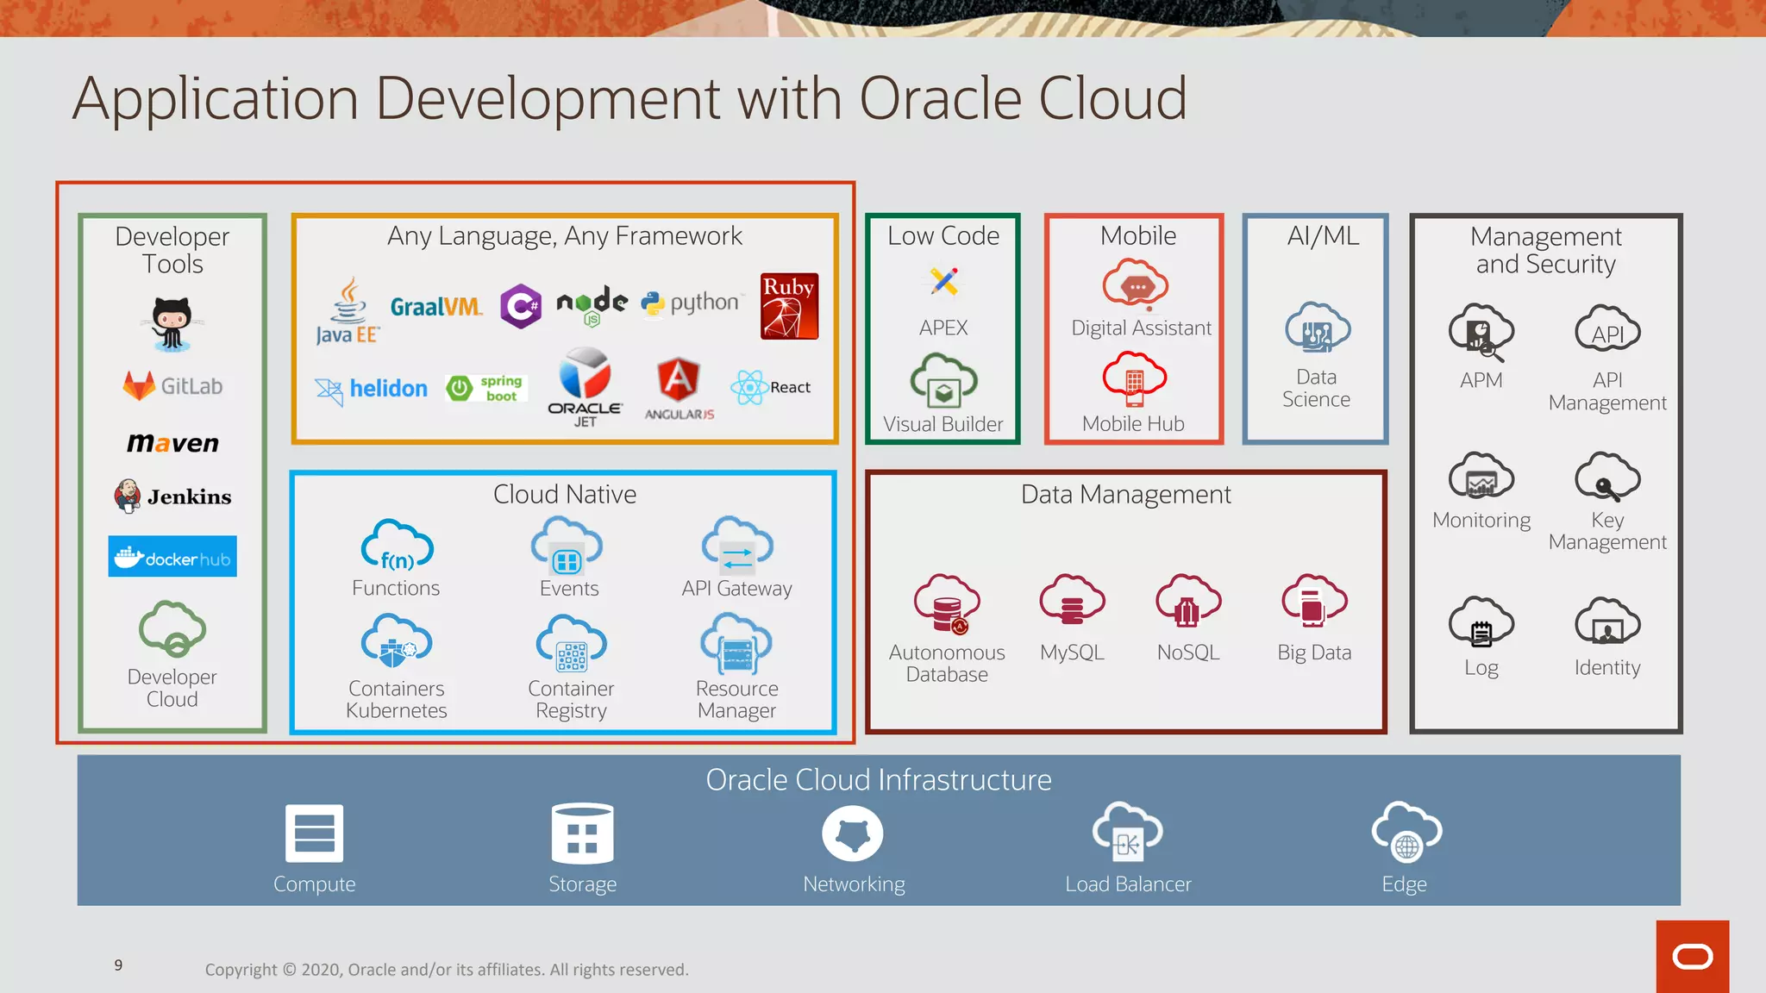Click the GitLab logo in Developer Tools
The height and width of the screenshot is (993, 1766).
point(172,385)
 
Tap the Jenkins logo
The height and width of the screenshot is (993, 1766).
point(172,496)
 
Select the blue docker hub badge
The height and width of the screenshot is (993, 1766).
point(172,557)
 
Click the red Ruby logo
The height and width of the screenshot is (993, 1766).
point(789,306)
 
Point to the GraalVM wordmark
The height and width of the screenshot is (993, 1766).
point(435,307)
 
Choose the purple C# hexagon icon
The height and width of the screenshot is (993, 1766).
point(521,306)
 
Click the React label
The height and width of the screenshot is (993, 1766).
point(790,387)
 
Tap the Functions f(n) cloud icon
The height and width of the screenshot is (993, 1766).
point(397,546)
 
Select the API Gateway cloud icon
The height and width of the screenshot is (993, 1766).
point(737,546)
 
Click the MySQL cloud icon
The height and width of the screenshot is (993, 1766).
point(1072,600)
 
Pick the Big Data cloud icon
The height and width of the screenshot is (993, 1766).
point(1314,600)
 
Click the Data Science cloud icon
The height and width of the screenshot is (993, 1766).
point(1317,328)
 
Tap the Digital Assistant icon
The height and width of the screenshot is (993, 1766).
point(1136,284)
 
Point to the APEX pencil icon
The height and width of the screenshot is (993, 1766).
point(944,281)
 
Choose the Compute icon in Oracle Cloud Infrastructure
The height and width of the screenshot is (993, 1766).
point(315,834)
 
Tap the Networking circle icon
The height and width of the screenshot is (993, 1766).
point(853,834)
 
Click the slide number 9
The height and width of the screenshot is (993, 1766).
point(118,965)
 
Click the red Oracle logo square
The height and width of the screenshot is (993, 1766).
point(1692,957)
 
